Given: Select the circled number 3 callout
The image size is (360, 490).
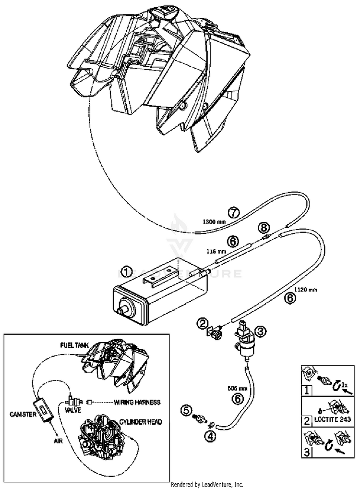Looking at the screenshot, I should click(x=260, y=331).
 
